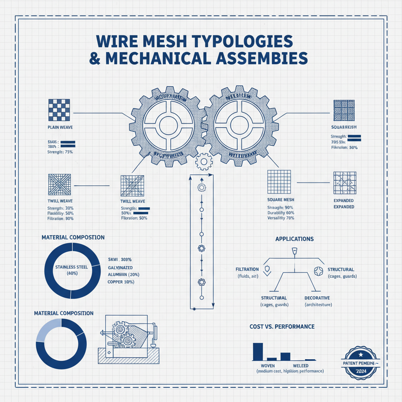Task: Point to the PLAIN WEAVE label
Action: [x=60, y=128]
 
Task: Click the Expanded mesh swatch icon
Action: [x=344, y=183]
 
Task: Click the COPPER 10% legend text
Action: [x=122, y=282]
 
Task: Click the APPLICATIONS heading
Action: [x=294, y=239]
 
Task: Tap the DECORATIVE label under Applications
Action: [x=317, y=298]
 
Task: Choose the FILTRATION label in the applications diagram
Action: [x=247, y=269]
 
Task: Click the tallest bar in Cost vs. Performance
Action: [x=258, y=351]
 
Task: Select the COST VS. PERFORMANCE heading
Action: [x=282, y=327]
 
